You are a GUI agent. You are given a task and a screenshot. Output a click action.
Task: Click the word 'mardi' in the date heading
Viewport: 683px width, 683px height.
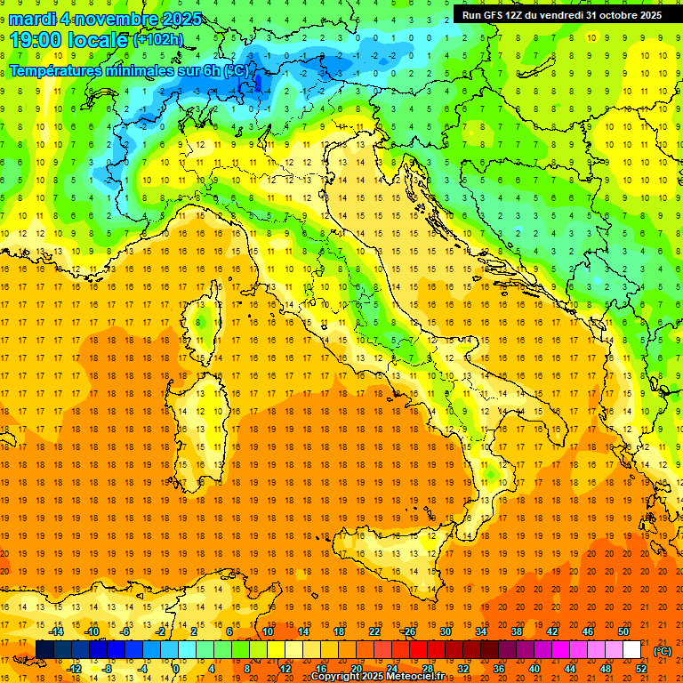coord(33,19)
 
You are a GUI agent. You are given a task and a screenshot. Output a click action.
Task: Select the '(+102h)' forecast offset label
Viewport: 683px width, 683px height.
coord(157,40)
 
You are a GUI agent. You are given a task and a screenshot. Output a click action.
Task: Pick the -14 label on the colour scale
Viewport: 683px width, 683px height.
coord(56,631)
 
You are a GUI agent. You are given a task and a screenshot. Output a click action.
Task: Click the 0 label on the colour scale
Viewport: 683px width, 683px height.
coord(175,668)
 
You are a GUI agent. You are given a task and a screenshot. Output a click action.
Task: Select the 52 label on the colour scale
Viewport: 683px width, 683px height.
coord(641,668)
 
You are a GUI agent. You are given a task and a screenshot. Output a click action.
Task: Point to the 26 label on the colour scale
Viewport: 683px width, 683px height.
coord(410,631)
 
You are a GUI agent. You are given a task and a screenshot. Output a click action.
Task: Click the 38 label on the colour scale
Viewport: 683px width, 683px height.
coord(517,631)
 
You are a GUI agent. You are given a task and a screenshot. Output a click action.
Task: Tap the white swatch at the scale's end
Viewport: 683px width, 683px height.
coord(631,649)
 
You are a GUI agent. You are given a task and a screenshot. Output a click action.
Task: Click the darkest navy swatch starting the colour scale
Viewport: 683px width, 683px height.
coord(44,649)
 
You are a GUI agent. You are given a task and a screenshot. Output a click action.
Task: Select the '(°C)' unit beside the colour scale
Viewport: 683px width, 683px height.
coord(663,650)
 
